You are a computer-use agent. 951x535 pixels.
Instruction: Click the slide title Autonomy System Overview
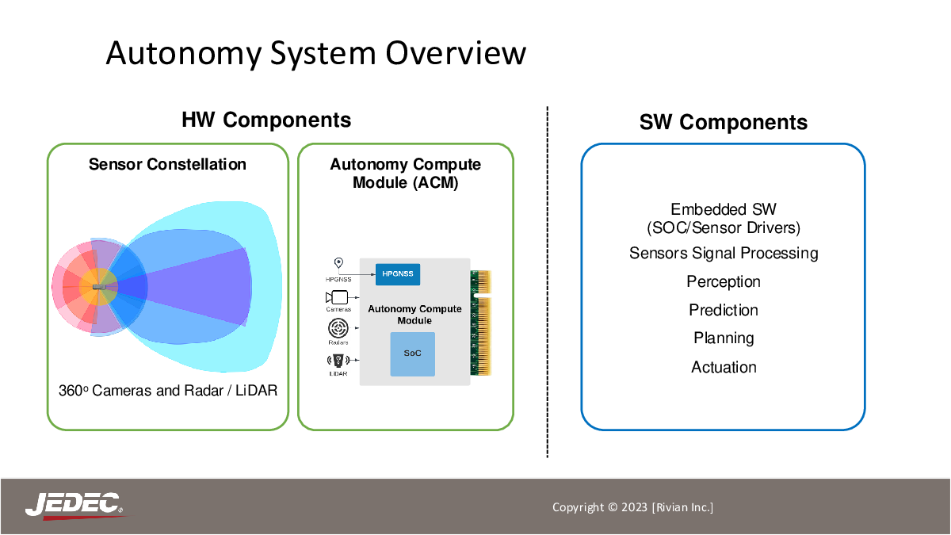click(x=316, y=54)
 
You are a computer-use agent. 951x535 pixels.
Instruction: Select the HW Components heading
click(x=266, y=120)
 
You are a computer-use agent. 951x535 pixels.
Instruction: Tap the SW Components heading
click(x=723, y=123)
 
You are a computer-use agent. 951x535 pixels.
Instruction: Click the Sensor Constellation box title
click(x=167, y=164)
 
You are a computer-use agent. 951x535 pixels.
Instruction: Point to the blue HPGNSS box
click(x=398, y=274)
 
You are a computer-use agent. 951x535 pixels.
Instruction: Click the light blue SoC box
click(x=413, y=353)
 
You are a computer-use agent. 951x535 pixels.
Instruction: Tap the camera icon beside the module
click(x=337, y=297)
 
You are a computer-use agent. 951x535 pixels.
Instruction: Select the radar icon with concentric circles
click(x=338, y=328)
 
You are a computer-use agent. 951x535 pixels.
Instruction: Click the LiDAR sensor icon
click(x=338, y=361)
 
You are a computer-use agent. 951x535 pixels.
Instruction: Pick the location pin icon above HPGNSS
click(x=338, y=263)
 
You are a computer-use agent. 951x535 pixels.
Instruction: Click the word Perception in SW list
click(x=724, y=282)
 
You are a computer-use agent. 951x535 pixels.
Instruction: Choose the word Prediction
click(x=724, y=310)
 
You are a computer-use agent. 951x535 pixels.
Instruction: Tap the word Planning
click(x=724, y=338)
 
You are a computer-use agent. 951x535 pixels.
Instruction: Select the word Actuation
click(x=724, y=367)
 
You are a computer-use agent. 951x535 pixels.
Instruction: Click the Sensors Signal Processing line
click(x=724, y=254)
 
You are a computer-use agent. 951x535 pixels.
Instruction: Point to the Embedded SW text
click(x=724, y=209)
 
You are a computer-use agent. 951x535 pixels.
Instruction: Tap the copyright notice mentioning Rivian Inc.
click(x=632, y=507)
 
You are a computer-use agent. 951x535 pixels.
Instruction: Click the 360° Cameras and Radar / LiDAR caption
click(x=168, y=390)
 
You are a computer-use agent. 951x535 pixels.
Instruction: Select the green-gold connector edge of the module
click(x=480, y=323)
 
